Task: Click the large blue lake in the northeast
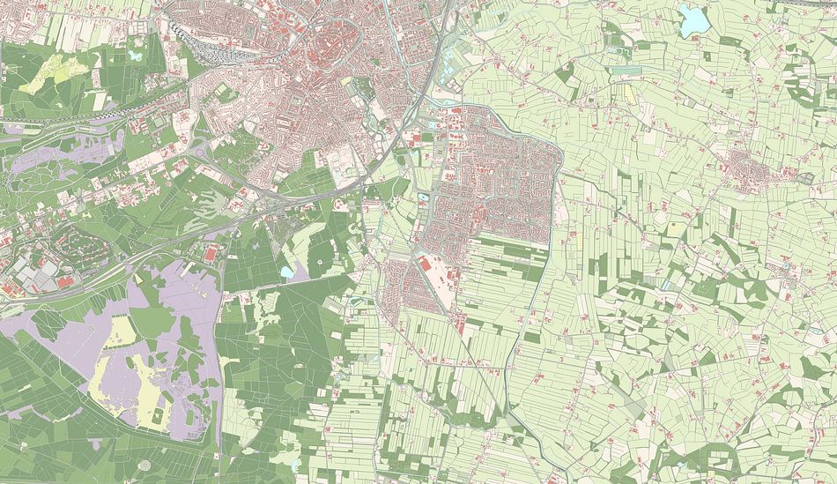(x=693, y=19)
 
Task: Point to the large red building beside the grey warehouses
(x=64, y=281)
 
